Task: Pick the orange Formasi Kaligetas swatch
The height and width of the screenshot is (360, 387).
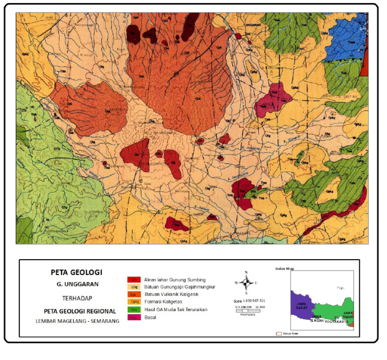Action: [x=134, y=302]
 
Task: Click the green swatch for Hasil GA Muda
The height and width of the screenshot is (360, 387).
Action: [x=134, y=310]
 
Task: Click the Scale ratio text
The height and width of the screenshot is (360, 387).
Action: [x=249, y=301]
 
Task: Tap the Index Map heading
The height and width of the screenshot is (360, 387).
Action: [x=284, y=269]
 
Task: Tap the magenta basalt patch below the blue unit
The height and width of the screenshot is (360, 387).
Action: [x=274, y=99]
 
